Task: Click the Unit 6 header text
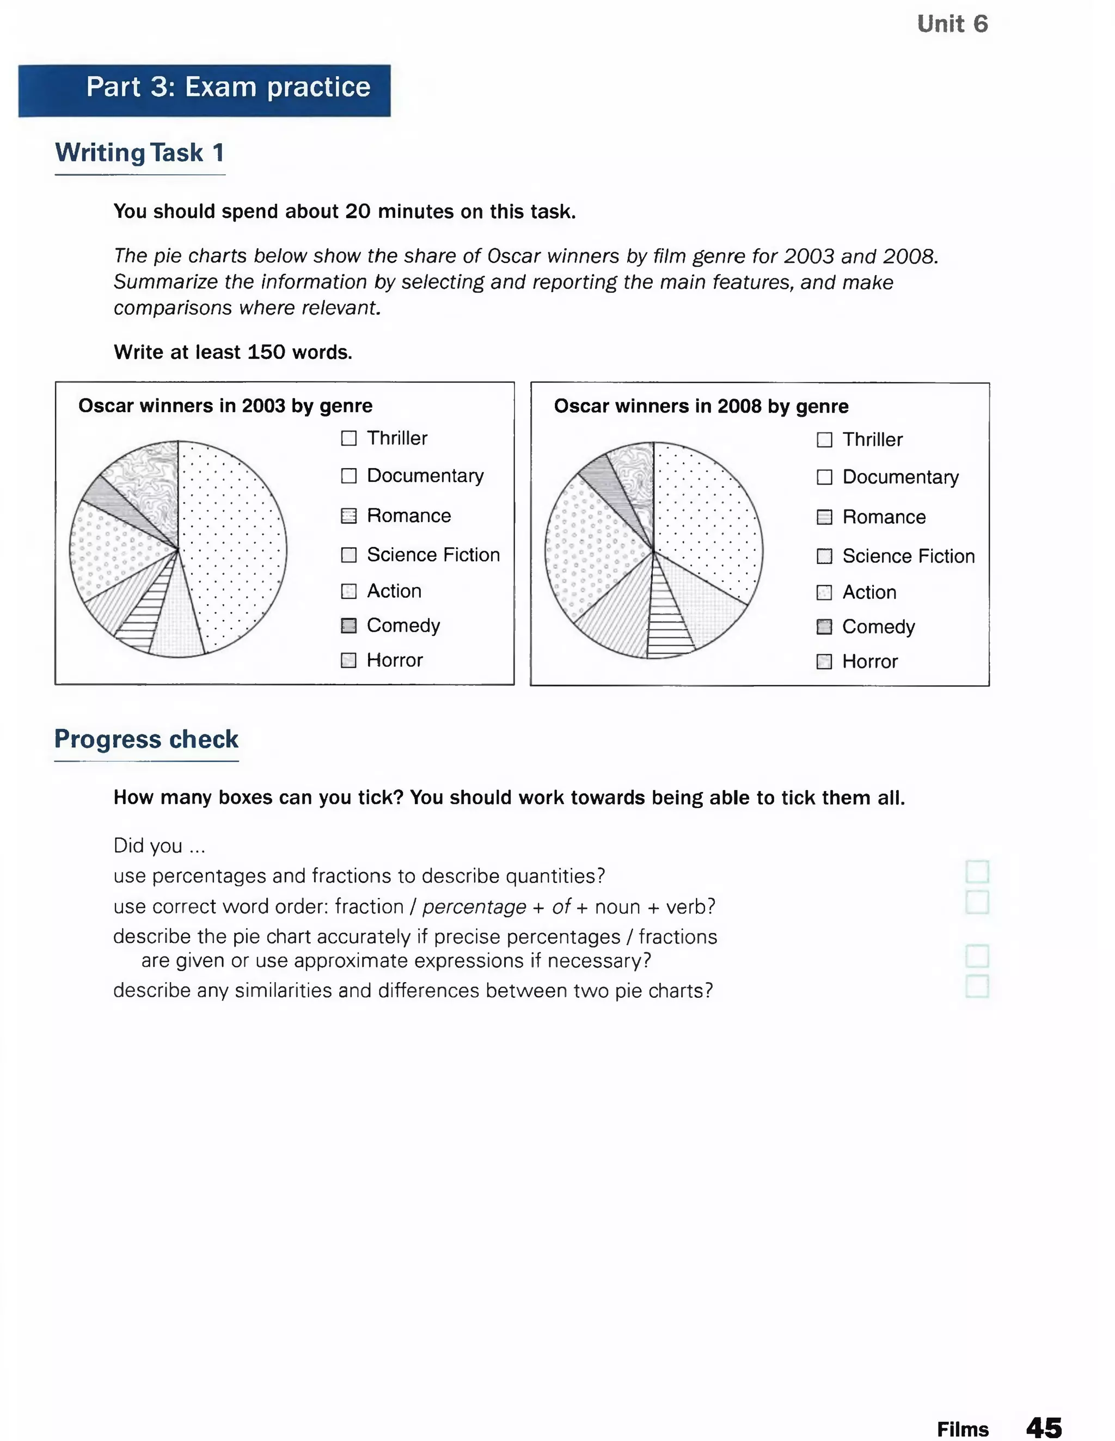pos(952,24)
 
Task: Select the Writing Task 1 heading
pos(140,153)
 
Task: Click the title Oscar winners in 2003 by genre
pos(225,406)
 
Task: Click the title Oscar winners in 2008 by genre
pos(701,407)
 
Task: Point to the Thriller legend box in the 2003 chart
pos(348,438)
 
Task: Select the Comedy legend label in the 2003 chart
pos(403,626)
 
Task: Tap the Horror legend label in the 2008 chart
pos(869,662)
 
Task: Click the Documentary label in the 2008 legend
pos(900,477)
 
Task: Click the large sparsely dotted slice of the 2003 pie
pos(237,541)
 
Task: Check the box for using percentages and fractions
pos(977,872)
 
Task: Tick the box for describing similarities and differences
pos(977,987)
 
